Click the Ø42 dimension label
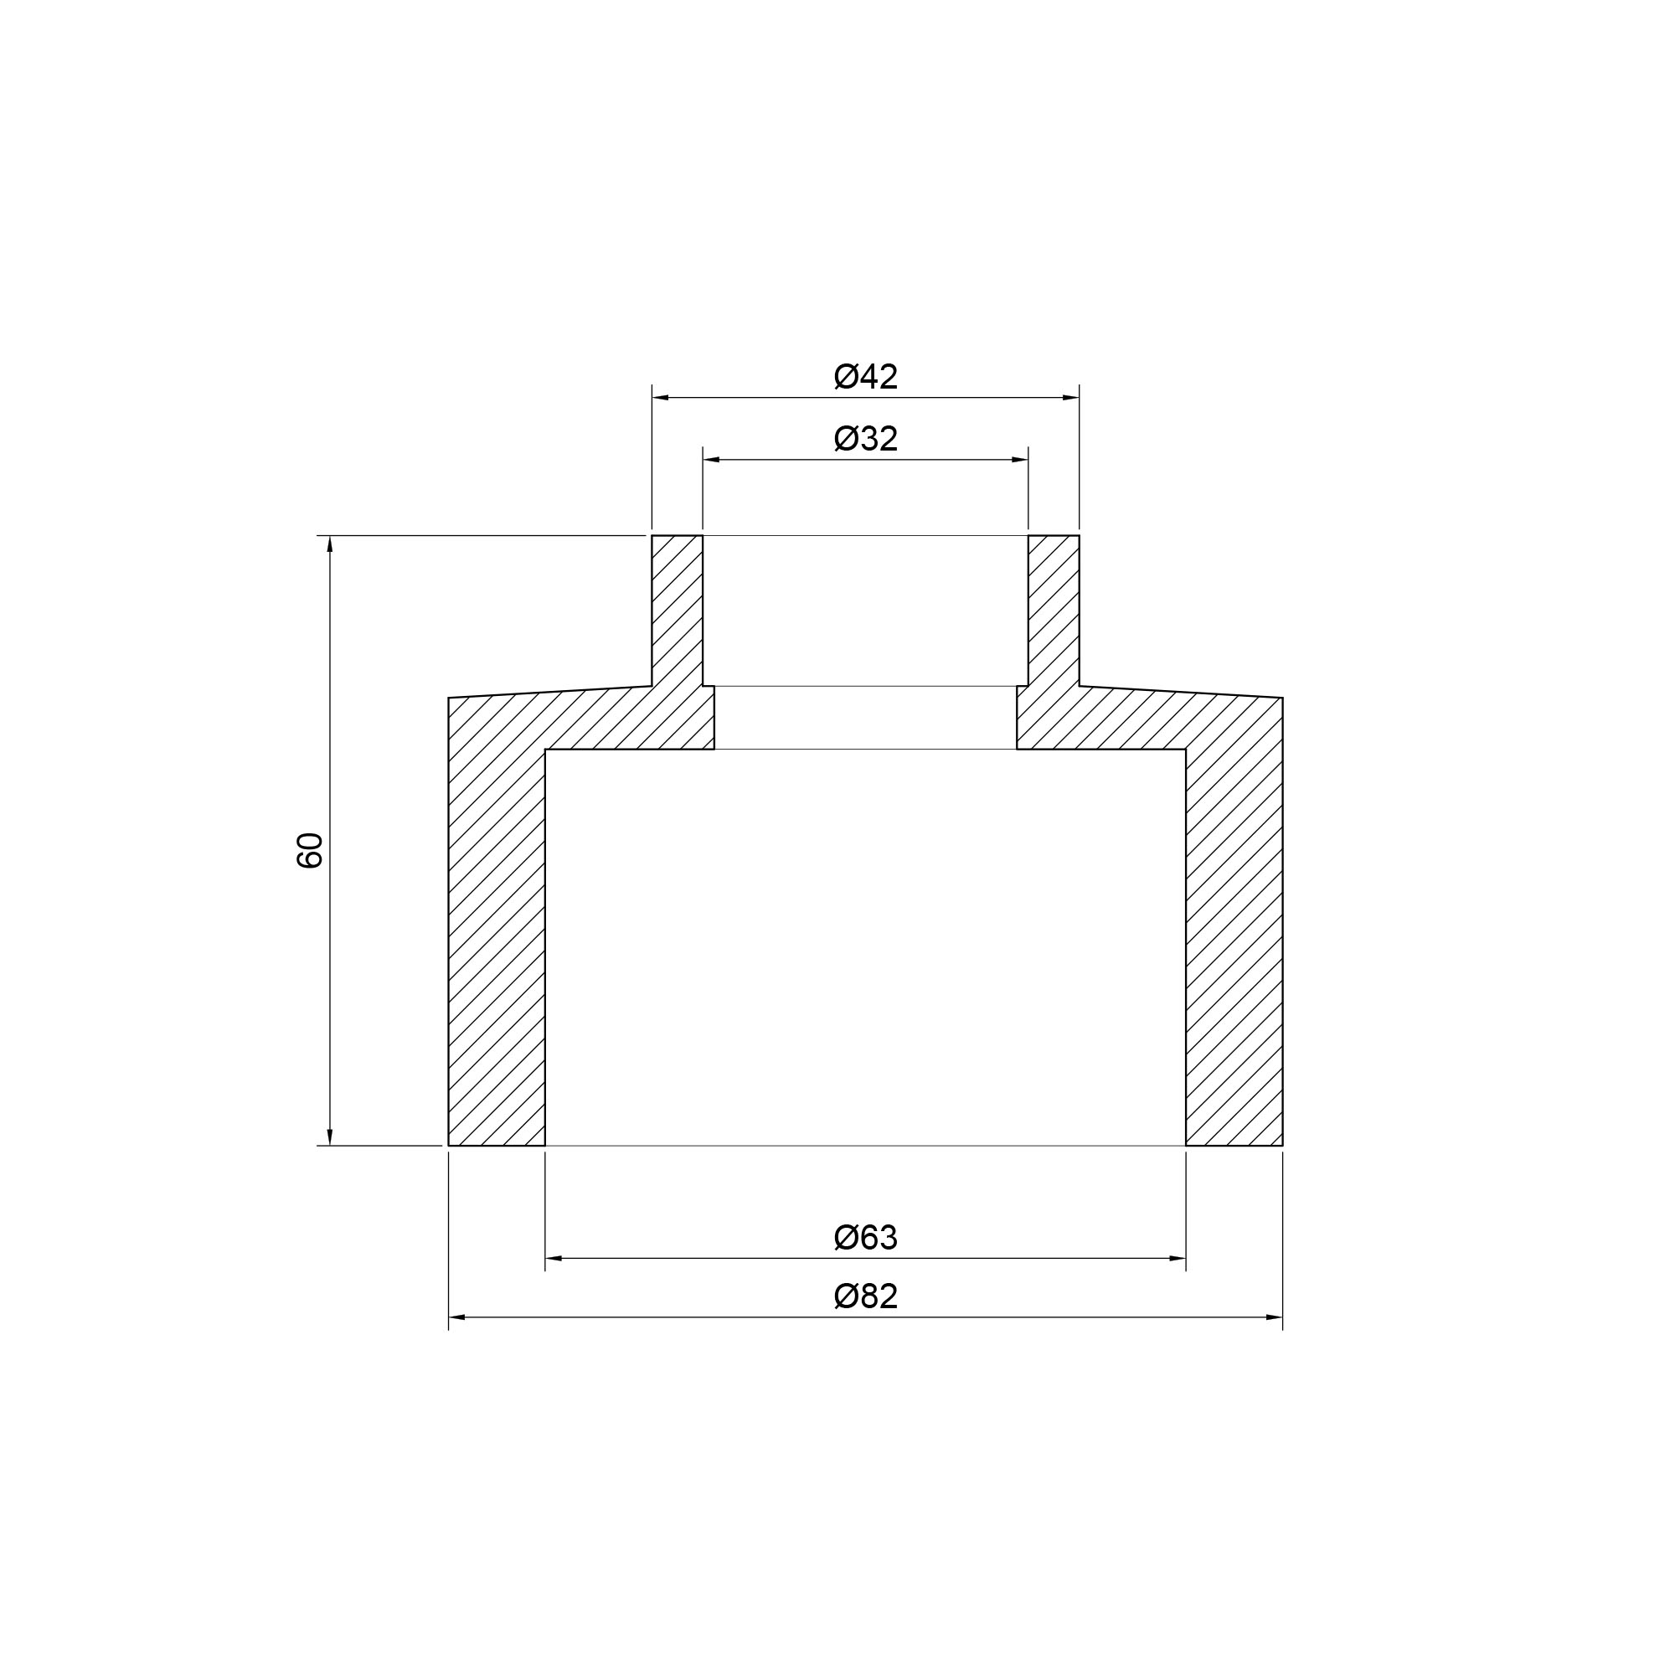865,377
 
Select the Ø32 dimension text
865,439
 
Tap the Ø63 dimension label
865,1238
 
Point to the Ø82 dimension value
865,1297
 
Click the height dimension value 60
310,851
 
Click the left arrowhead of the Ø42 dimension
661,398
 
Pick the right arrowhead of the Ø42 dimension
1070,398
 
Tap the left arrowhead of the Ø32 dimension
712,460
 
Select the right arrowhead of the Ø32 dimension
1019,460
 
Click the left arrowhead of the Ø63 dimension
554,1258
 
